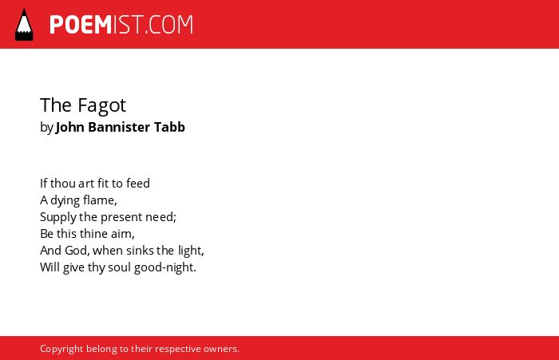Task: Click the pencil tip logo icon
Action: click(24, 25)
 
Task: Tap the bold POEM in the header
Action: click(81, 25)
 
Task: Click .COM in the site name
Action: click(168, 25)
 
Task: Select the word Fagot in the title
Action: click(101, 105)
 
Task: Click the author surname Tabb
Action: click(169, 127)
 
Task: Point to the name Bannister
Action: click(119, 127)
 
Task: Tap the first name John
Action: click(70, 127)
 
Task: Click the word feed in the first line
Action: click(138, 184)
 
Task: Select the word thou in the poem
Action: click(63, 184)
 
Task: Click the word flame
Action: click(100, 200)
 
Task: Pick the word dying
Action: click(65, 200)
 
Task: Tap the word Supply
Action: click(58, 217)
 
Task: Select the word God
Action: click(77, 251)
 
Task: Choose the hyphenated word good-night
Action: click(165, 267)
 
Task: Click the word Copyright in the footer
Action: click(61, 349)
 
